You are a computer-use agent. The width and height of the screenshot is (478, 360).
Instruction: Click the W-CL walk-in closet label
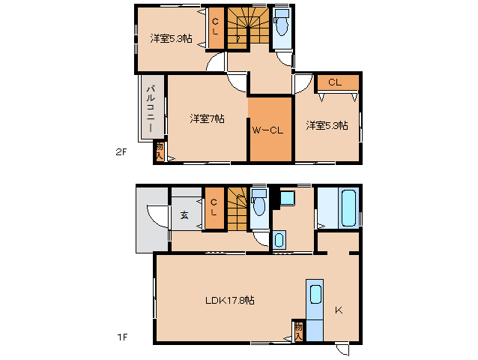(267, 130)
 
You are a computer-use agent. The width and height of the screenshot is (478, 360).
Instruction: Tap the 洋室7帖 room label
(208, 118)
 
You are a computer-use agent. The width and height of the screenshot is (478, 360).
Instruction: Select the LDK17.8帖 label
(230, 300)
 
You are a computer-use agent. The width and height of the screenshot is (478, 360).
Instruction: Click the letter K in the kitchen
(339, 310)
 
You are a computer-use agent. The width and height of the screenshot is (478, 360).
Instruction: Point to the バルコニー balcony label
(151, 108)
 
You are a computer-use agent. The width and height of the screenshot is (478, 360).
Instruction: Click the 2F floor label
(121, 151)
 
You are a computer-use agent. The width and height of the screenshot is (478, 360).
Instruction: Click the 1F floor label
(122, 337)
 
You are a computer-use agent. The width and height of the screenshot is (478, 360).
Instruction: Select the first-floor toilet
(259, 202)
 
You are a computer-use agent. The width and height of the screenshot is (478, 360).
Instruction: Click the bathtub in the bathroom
(348, 208)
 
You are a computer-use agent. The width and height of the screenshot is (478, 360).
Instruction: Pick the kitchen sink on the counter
(315, 295)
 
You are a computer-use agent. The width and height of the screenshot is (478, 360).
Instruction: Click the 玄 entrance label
(184, 215)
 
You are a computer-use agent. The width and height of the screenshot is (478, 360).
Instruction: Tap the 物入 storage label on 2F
(160, 151)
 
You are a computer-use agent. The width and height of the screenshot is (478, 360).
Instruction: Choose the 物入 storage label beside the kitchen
(298, 331)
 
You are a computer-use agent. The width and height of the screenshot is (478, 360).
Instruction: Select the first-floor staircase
(238, 209)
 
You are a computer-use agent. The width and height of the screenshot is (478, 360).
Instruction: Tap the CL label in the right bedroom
(335, 82)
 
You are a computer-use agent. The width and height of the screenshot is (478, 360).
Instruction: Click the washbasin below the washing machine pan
(279, 240)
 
